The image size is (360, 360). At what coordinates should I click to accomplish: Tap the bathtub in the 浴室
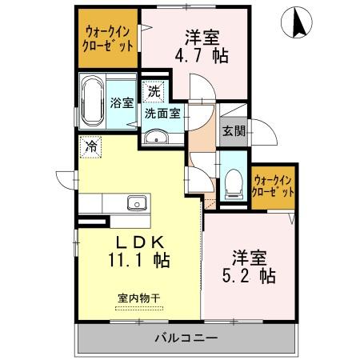pos(93,101)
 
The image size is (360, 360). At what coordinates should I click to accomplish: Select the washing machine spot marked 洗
pos(153,91)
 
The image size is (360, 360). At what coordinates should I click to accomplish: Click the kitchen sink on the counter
pos(136,202)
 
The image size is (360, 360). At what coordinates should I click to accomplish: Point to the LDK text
pos(145,241)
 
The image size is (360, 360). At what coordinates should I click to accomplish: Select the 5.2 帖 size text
pos(250,276)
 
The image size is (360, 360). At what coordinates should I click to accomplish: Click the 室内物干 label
pos(139,298)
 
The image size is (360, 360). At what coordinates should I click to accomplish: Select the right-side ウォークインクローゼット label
pos(273,186)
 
